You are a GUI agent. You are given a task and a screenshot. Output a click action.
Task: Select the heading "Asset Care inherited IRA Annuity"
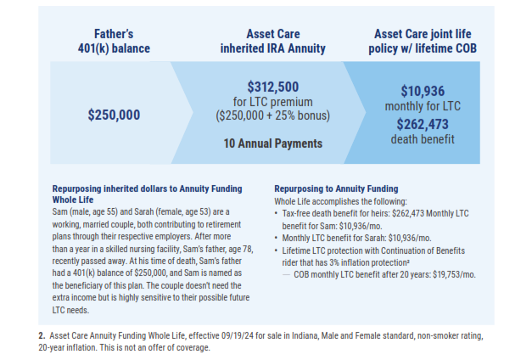pyautogui.click(x=273, y=41)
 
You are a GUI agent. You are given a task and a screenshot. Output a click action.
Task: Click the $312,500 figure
pyautogui.click(x=273, y=87)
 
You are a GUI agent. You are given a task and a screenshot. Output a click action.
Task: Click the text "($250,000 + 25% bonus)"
pyautogui.click(x=273, y=115)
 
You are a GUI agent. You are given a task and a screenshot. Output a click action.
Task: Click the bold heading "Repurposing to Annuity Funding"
pyautogui.click(x=336, y=188)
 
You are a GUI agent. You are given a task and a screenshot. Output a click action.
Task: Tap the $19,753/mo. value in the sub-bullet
pyautogui.click(x=451, y=275)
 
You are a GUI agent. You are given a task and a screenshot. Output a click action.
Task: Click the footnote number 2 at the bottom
pyautogui.click(x=41, y=335)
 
